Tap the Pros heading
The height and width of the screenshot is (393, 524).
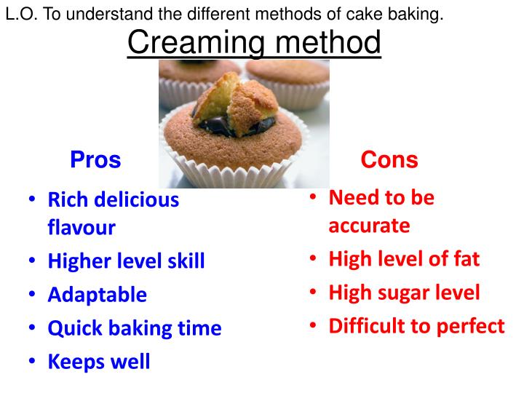[95, 159]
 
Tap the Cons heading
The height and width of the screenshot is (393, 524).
[389, 159]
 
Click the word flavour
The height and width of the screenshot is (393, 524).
[82, 228]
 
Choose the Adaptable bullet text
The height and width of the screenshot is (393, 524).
[97, 295]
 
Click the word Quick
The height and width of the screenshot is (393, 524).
[73, 328]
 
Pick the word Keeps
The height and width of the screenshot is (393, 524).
[75, 362]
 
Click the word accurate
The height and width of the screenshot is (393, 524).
[369, 226]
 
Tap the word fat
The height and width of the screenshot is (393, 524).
[466, 258]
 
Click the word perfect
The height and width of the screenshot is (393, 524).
[470, 326]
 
